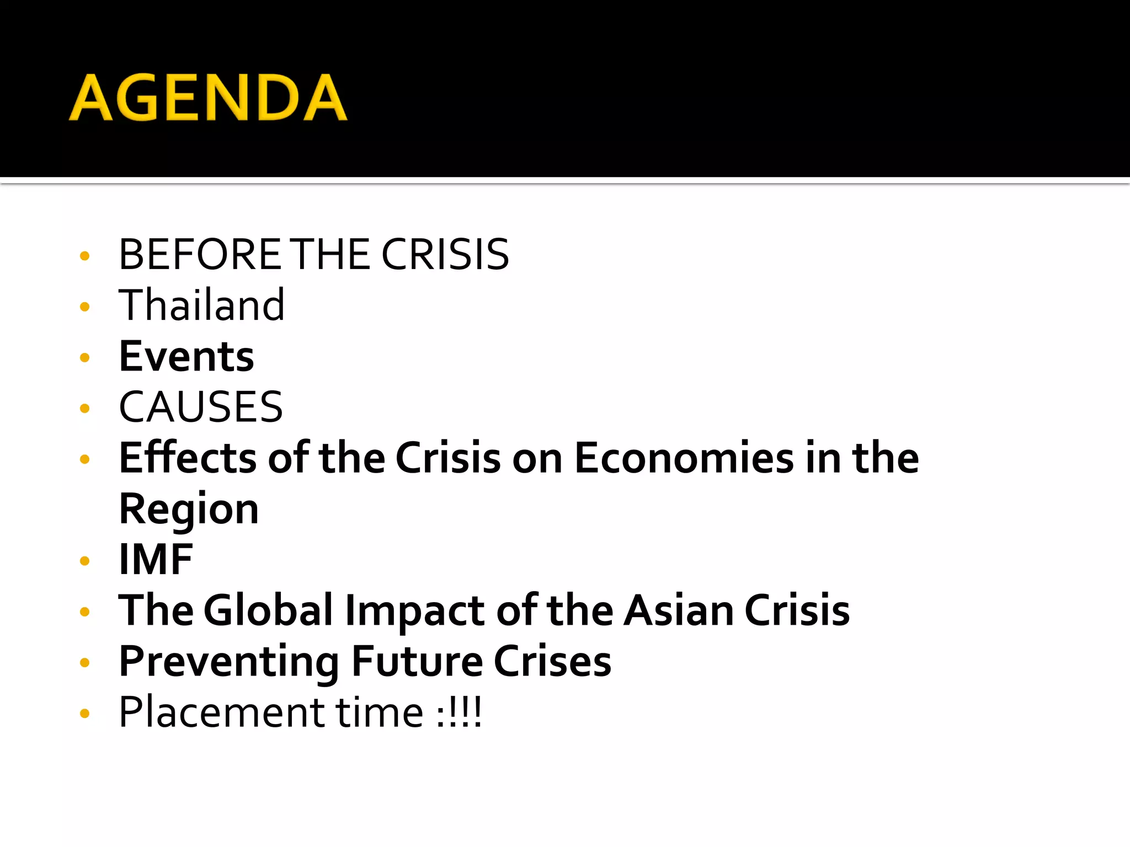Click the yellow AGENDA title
(x=208, y=98)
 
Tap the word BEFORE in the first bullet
(x=200, y=255)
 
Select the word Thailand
(x=202, y=305)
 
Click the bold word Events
(x=186, y=357)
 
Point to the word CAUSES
(x=201, y=407)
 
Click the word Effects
(x=188, y=458)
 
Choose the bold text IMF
(x=156, y=560)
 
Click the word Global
(x=269, y=610)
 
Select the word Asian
(x=679, y=610)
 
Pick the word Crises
(x=552, y=661)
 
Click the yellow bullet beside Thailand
(x=84, y=307)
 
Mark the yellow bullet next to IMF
(x=84, y=561)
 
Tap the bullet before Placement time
(x=84, y=714)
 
